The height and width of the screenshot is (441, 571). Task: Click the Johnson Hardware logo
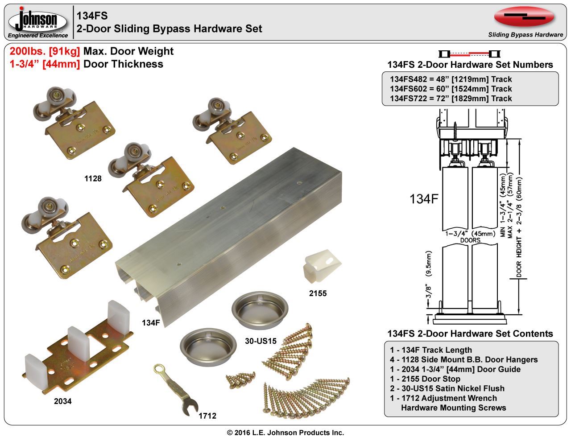[38, 22]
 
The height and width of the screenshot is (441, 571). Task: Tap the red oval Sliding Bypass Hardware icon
[524, 16]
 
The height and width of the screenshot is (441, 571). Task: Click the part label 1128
[93, 179]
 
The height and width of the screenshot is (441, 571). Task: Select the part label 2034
[62, 401]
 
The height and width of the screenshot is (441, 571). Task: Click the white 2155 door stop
[321, 269]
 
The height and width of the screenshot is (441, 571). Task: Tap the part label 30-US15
[261, 341]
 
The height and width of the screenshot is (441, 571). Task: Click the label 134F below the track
[151, 322]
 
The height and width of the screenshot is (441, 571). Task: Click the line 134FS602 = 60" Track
[451, 89]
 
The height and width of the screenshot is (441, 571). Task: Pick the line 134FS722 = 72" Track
[451, 99]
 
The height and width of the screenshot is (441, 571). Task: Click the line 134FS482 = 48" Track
[451, 79]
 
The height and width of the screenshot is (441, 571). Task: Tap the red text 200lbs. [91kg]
[45, 51]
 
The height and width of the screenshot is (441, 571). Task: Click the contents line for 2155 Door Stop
[425, 379]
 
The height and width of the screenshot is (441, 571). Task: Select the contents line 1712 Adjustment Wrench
[443, 398]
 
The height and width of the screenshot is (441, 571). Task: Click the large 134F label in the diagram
[424, 199]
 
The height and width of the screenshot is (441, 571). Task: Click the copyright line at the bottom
[285, 433]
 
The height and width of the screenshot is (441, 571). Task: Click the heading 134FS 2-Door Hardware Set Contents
[470, 334]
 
